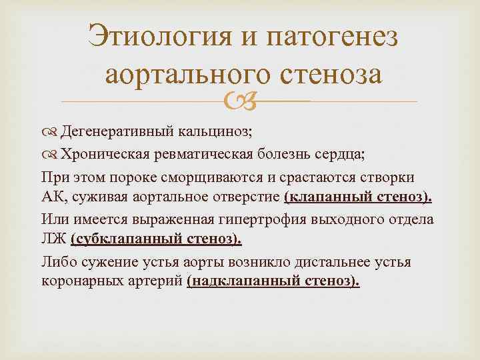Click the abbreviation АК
pyautogui.click(x=51, y=198)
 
